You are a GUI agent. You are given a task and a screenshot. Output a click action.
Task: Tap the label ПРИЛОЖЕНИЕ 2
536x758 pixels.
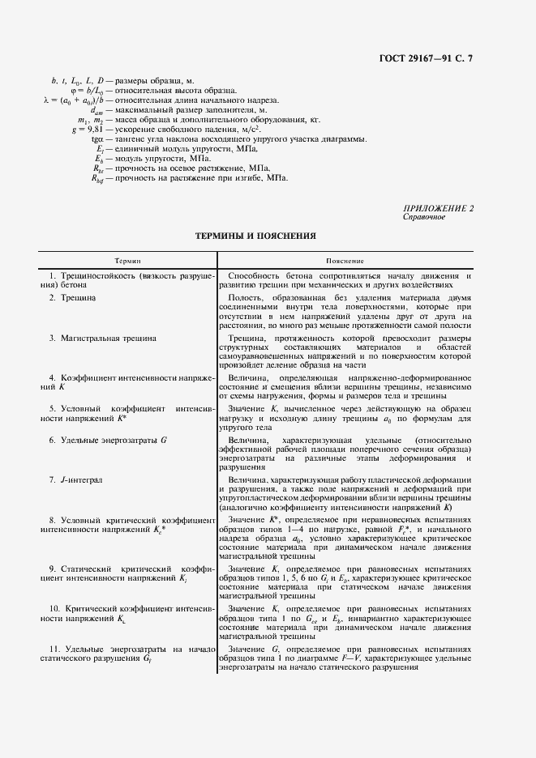pos(438,209)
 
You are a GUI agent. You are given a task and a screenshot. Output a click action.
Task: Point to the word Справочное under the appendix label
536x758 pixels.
pos(422,217)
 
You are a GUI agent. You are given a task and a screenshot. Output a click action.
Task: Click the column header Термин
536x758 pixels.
pos(126,262)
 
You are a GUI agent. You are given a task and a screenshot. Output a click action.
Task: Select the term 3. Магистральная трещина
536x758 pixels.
pos(103,338)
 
